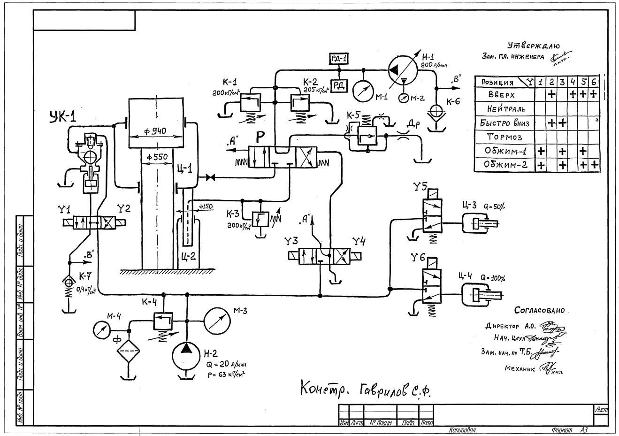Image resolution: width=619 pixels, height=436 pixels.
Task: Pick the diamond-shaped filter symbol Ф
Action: [129, 350]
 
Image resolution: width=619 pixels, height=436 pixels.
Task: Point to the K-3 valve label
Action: [233, 214]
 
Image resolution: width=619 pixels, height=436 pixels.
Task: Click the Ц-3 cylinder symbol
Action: [478, 223]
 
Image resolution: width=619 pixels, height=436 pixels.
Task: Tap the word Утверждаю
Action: [534, 46]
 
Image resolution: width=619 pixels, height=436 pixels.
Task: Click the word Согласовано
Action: [539, 310]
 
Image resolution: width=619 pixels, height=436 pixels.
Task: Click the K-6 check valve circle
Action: [436, 111]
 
